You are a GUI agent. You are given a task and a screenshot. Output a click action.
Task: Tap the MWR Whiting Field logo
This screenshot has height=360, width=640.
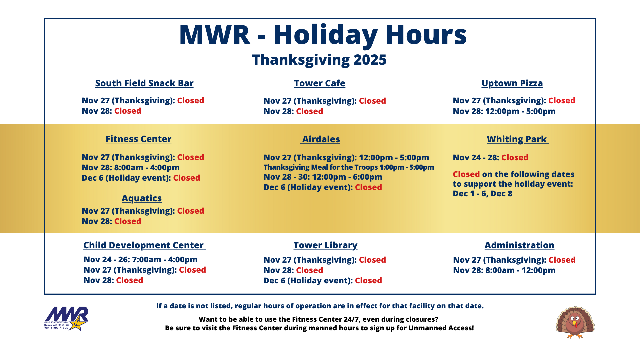point(66,319)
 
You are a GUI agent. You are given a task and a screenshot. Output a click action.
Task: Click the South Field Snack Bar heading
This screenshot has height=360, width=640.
point(144,83)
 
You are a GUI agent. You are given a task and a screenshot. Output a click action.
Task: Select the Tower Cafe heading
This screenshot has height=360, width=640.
point(319,83)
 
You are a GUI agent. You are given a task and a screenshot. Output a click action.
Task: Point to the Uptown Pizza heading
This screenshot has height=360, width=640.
point(512,83)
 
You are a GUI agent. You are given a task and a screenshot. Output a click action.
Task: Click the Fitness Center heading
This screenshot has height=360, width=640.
point(138,139)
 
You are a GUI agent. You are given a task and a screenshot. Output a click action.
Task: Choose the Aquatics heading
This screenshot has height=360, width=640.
point(142,198)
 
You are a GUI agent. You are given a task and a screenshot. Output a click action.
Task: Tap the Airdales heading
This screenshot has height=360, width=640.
point(321,139)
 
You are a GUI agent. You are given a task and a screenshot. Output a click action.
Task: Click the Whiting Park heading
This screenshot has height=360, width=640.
point(517,139)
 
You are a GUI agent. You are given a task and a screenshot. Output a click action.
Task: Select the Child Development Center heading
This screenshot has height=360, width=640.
point(144,245)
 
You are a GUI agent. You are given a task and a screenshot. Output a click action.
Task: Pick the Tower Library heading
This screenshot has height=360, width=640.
point(325,245)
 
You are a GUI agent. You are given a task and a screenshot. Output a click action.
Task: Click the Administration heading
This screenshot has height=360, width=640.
point(519,245)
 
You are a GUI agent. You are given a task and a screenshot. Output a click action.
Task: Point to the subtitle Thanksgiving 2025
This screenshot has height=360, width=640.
point(319,60)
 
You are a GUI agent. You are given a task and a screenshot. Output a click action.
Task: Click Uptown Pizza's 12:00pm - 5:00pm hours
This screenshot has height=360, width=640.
point(520,111)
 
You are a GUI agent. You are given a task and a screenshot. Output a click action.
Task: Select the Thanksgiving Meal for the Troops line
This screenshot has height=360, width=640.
point(349,167)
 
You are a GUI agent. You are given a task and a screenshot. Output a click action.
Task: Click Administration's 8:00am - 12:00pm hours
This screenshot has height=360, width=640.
point(520,270)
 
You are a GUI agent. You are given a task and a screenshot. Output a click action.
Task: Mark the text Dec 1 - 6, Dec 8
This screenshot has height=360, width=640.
point(482,194)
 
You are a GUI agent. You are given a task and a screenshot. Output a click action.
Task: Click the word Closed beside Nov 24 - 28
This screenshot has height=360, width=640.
point(515,158)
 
